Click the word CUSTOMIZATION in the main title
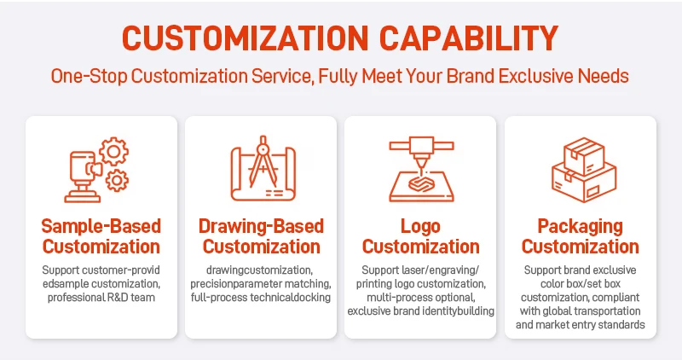tap(246, 38)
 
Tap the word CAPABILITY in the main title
tap(469, 38)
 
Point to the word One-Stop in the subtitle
tap(89, 76)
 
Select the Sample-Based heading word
tap(101, 226)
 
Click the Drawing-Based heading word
tap(261, 226)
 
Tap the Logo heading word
tap(420, 226)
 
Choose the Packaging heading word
tap(581, 226)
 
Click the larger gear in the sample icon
tap(114, 152)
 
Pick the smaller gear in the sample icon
tap(117, 180)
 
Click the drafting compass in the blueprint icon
tap(263, 161)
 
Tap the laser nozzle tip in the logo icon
tap(420, 167)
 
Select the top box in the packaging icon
tap(584, 155)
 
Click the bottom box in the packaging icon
tap(584, 183)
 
